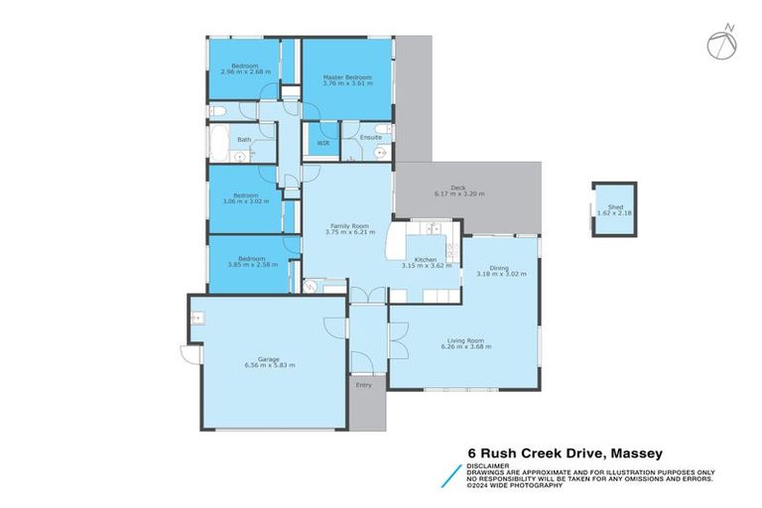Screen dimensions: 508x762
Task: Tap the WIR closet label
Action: click(x=322, y=143)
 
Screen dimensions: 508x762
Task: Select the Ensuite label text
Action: click(x=371, y=137)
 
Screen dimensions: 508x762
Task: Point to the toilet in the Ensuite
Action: click(x=384, y=153)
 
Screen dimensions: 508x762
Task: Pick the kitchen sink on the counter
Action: click(x=434, y=229)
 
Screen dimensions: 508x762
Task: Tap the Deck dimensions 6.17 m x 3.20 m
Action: click(x=459, y=194)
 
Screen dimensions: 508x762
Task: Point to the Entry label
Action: click(x=364, y=385)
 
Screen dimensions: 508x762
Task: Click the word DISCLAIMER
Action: click(x=491, y=464)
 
